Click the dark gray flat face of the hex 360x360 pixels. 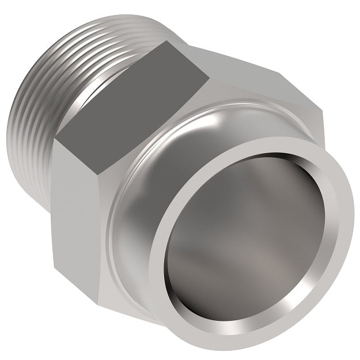pos(135,92)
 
